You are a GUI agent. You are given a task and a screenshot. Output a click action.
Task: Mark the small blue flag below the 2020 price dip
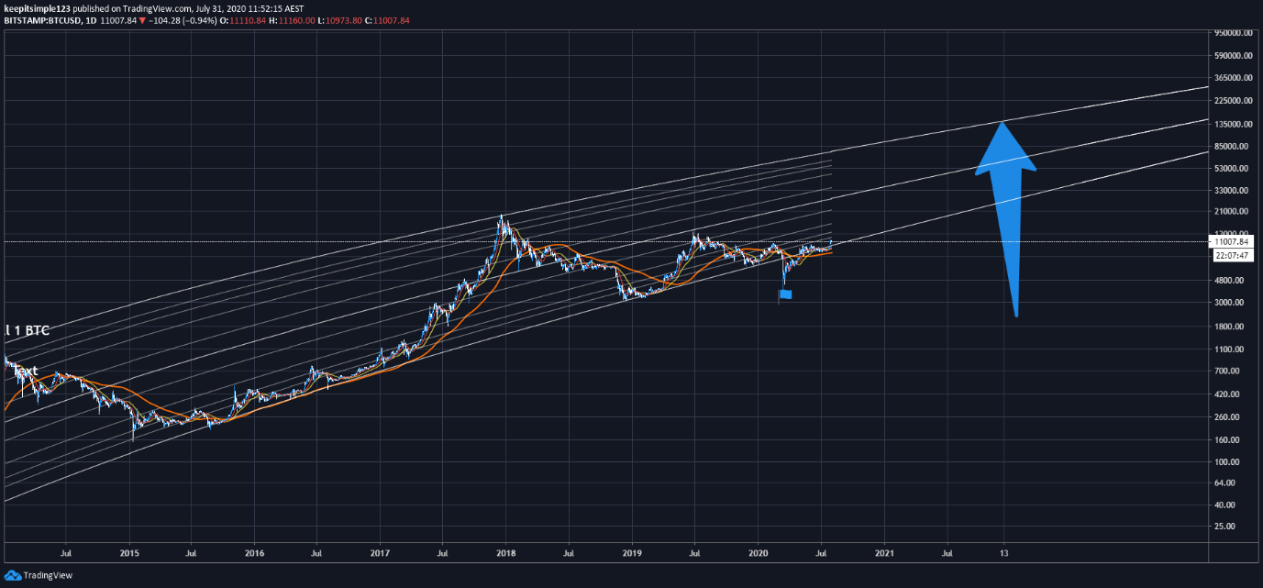click(785, 294)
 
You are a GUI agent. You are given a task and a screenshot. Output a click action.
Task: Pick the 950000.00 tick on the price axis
click(1233, 33)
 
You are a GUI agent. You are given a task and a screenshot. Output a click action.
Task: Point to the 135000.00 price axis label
click(1233, 124)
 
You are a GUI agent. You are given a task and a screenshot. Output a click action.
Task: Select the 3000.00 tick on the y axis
click(1228, 303)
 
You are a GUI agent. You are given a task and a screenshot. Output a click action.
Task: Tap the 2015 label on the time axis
click(129, 553)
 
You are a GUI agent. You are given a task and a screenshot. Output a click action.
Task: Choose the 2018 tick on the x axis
click(505, 553)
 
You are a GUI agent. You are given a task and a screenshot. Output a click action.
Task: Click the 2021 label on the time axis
click(884, 553)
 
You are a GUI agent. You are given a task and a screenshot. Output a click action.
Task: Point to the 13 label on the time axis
click(1004, 553)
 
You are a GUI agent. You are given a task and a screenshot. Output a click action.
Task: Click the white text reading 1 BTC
click(29, 330)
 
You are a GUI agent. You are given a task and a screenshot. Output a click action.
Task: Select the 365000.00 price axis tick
click(1233, 78)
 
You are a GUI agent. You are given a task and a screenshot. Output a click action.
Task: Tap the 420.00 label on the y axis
click(1227, 394)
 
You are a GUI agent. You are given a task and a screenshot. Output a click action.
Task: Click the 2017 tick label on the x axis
click(380, 553)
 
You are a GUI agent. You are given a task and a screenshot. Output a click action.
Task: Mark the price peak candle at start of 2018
click(501, 218)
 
